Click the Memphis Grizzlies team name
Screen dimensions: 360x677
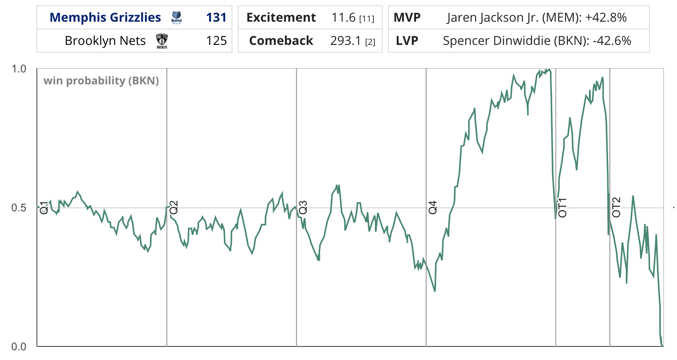tap(105, 17)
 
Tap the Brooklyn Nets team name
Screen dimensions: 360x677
tap(105, 41)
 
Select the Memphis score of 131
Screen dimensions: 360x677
tap(216, 17)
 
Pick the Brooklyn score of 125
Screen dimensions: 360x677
tap(216, 41)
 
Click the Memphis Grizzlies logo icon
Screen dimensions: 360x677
tap(176, 18)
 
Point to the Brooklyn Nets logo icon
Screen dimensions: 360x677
tap(162, 41)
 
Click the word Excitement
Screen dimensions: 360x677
tap(281, 17)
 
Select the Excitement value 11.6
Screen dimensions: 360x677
tap(343, 17)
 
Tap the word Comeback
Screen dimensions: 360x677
tap(281, 41)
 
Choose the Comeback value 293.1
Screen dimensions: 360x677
tap(345, 41)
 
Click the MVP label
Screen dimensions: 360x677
tap(407, 17)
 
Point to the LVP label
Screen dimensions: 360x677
tap(407, 41)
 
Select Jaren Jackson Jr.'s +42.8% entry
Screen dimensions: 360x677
tap(536, 17)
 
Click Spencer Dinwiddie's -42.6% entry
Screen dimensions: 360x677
tap(537, 41)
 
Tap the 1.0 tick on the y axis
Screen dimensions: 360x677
tap(19, 69)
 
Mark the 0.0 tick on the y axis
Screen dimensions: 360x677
tap(19, 346)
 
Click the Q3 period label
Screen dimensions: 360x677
tap(303, 207)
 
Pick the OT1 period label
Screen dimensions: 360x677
tap(562, 207)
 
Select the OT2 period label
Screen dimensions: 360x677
tap(616, 207)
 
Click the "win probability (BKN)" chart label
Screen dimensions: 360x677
tap(101, 81)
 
